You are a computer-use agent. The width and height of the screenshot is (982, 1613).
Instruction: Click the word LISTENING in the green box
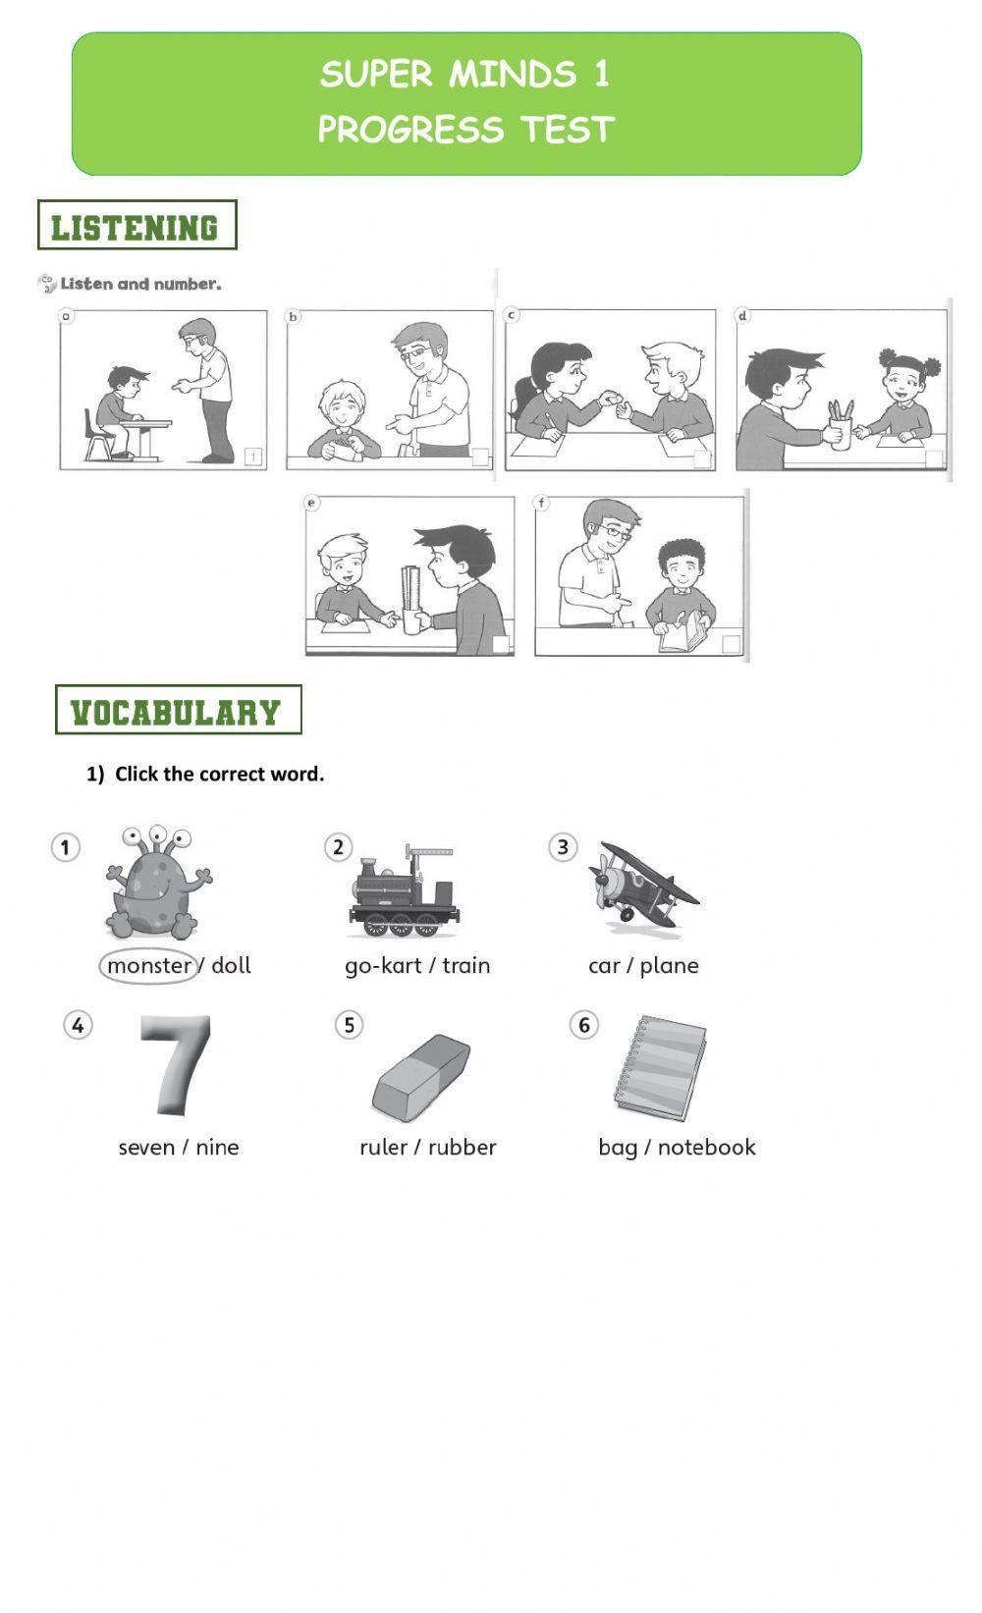click(136, 227)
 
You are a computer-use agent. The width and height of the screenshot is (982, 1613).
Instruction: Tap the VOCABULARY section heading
click(177, 711)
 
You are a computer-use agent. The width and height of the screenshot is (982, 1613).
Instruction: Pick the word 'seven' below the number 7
click(146, 1148)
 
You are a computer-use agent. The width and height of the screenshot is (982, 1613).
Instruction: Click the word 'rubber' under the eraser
click(462, 1148)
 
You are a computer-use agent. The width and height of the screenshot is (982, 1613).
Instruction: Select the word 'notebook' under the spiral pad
click(706, 1148)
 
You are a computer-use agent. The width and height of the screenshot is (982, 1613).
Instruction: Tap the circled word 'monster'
click(148, 966)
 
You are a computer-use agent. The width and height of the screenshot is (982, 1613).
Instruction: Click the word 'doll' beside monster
click(231, 966)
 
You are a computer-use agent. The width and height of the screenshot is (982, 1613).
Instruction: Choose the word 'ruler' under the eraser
click(383, 1148)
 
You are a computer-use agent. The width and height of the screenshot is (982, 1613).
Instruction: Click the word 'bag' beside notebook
click(617, 1148)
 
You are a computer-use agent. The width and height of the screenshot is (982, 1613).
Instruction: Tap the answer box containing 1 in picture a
click(253, 457)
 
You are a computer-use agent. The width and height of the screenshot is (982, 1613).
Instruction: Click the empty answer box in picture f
click(731, 644)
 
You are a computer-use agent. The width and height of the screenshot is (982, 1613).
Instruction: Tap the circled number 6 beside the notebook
click(583, 1026)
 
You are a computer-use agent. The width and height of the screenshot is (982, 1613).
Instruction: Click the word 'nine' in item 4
click(217, 1148)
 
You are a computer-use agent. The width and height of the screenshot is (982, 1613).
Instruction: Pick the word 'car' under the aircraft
click(603, 966)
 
